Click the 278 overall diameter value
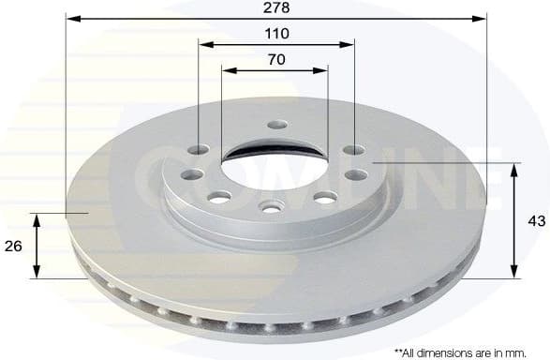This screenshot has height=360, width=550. click(x=276, y=7)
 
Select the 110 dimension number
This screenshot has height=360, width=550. click(x=276, y=33)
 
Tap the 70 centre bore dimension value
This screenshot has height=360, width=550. click(x=276, y=59)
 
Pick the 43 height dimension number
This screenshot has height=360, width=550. click(x=536, y=221)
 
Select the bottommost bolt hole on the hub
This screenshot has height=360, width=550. click(x=270, y=206)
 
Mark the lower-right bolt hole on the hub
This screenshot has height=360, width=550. click(x=325, y=196)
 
